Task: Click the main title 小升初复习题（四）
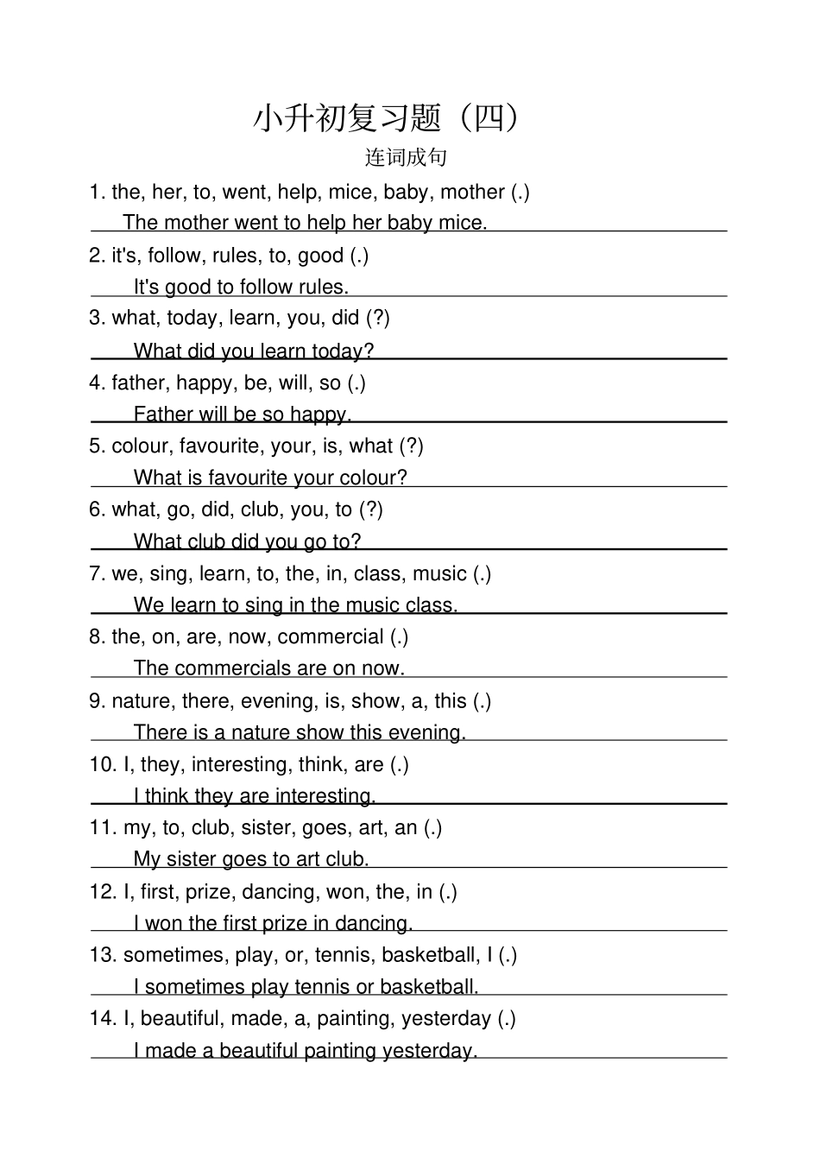click(388, 118)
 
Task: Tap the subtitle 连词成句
click(406, 157)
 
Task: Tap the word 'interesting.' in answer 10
click(324, 795)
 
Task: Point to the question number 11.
click(103, 827)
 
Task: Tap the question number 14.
click(103, 1018)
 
